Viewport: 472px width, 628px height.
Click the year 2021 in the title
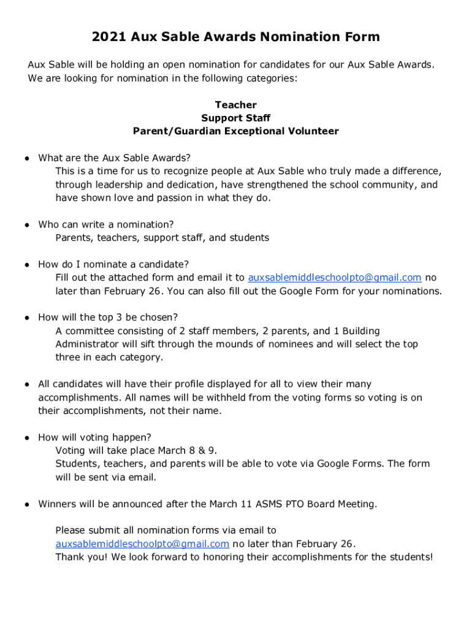(108, 37)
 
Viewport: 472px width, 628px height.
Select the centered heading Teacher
(236, 105)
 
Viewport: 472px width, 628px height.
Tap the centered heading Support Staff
(236, 118)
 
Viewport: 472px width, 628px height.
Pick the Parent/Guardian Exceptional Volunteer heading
(236, 131)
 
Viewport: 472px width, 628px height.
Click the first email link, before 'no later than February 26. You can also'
(335, 278)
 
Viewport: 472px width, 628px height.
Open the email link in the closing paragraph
(142, 544)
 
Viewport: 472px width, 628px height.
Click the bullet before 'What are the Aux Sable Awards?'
(28, 158)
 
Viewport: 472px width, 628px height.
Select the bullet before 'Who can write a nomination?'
(28, 225)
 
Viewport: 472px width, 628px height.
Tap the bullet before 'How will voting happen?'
(28, 438)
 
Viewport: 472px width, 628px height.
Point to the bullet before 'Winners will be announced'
(28, 505)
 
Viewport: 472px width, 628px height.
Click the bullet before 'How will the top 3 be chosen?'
(28, 318)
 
